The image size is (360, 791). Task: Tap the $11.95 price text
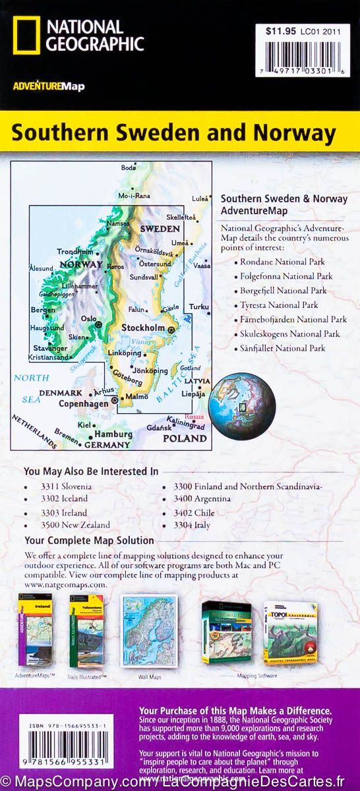(x=277, y=30)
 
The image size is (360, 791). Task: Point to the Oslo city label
(x=88, y=317)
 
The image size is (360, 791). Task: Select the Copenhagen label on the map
(x=82, y=403)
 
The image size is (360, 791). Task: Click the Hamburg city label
(x=109, y=435)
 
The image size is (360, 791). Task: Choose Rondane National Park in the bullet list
(x=284, y=262)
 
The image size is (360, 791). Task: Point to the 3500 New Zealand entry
(x=75, y=525)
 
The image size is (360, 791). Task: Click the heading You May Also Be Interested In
(x=91, y=471)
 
